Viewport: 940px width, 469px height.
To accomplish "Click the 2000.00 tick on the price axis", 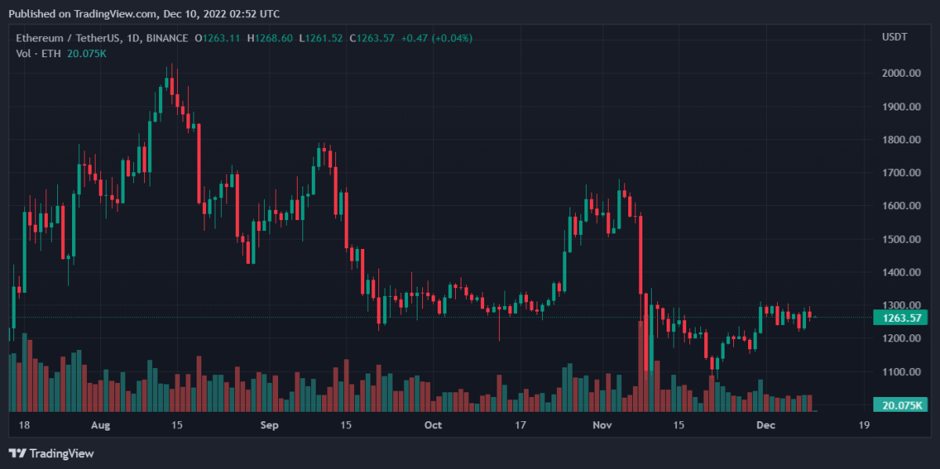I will pyautogui.click(x=901, y=73).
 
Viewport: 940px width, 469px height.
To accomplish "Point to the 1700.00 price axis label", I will pyautogui.click(x=901, y=172).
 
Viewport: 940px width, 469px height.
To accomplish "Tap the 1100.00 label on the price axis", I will pyautogui.click(x=901, y=372).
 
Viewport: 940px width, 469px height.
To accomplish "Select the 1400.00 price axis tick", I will pyautogui.click(x=901, y=272).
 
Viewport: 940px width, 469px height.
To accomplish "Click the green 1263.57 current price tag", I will pyautogui.click(x=900, y=317).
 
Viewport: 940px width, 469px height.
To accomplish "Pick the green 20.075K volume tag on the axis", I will pyautogui.click(x=900, y=405).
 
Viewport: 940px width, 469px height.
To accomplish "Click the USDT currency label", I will pyautogui.click(x=894, y=38).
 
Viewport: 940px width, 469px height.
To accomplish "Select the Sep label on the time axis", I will pyautogui.click(x=269, y=425).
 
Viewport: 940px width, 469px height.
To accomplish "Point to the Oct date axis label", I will pyautogui.click(x=432, y=425).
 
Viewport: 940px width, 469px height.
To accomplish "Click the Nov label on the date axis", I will pyautogui.click(x=602, y=425).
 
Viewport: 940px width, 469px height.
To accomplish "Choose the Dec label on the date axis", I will pyautogui.click(x=765, y=425).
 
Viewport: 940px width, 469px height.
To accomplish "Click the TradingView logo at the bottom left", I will pyautogui.click(x=51, y=453).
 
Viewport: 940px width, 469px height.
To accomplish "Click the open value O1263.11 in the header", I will pyautogui.click(x=218, y=38).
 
